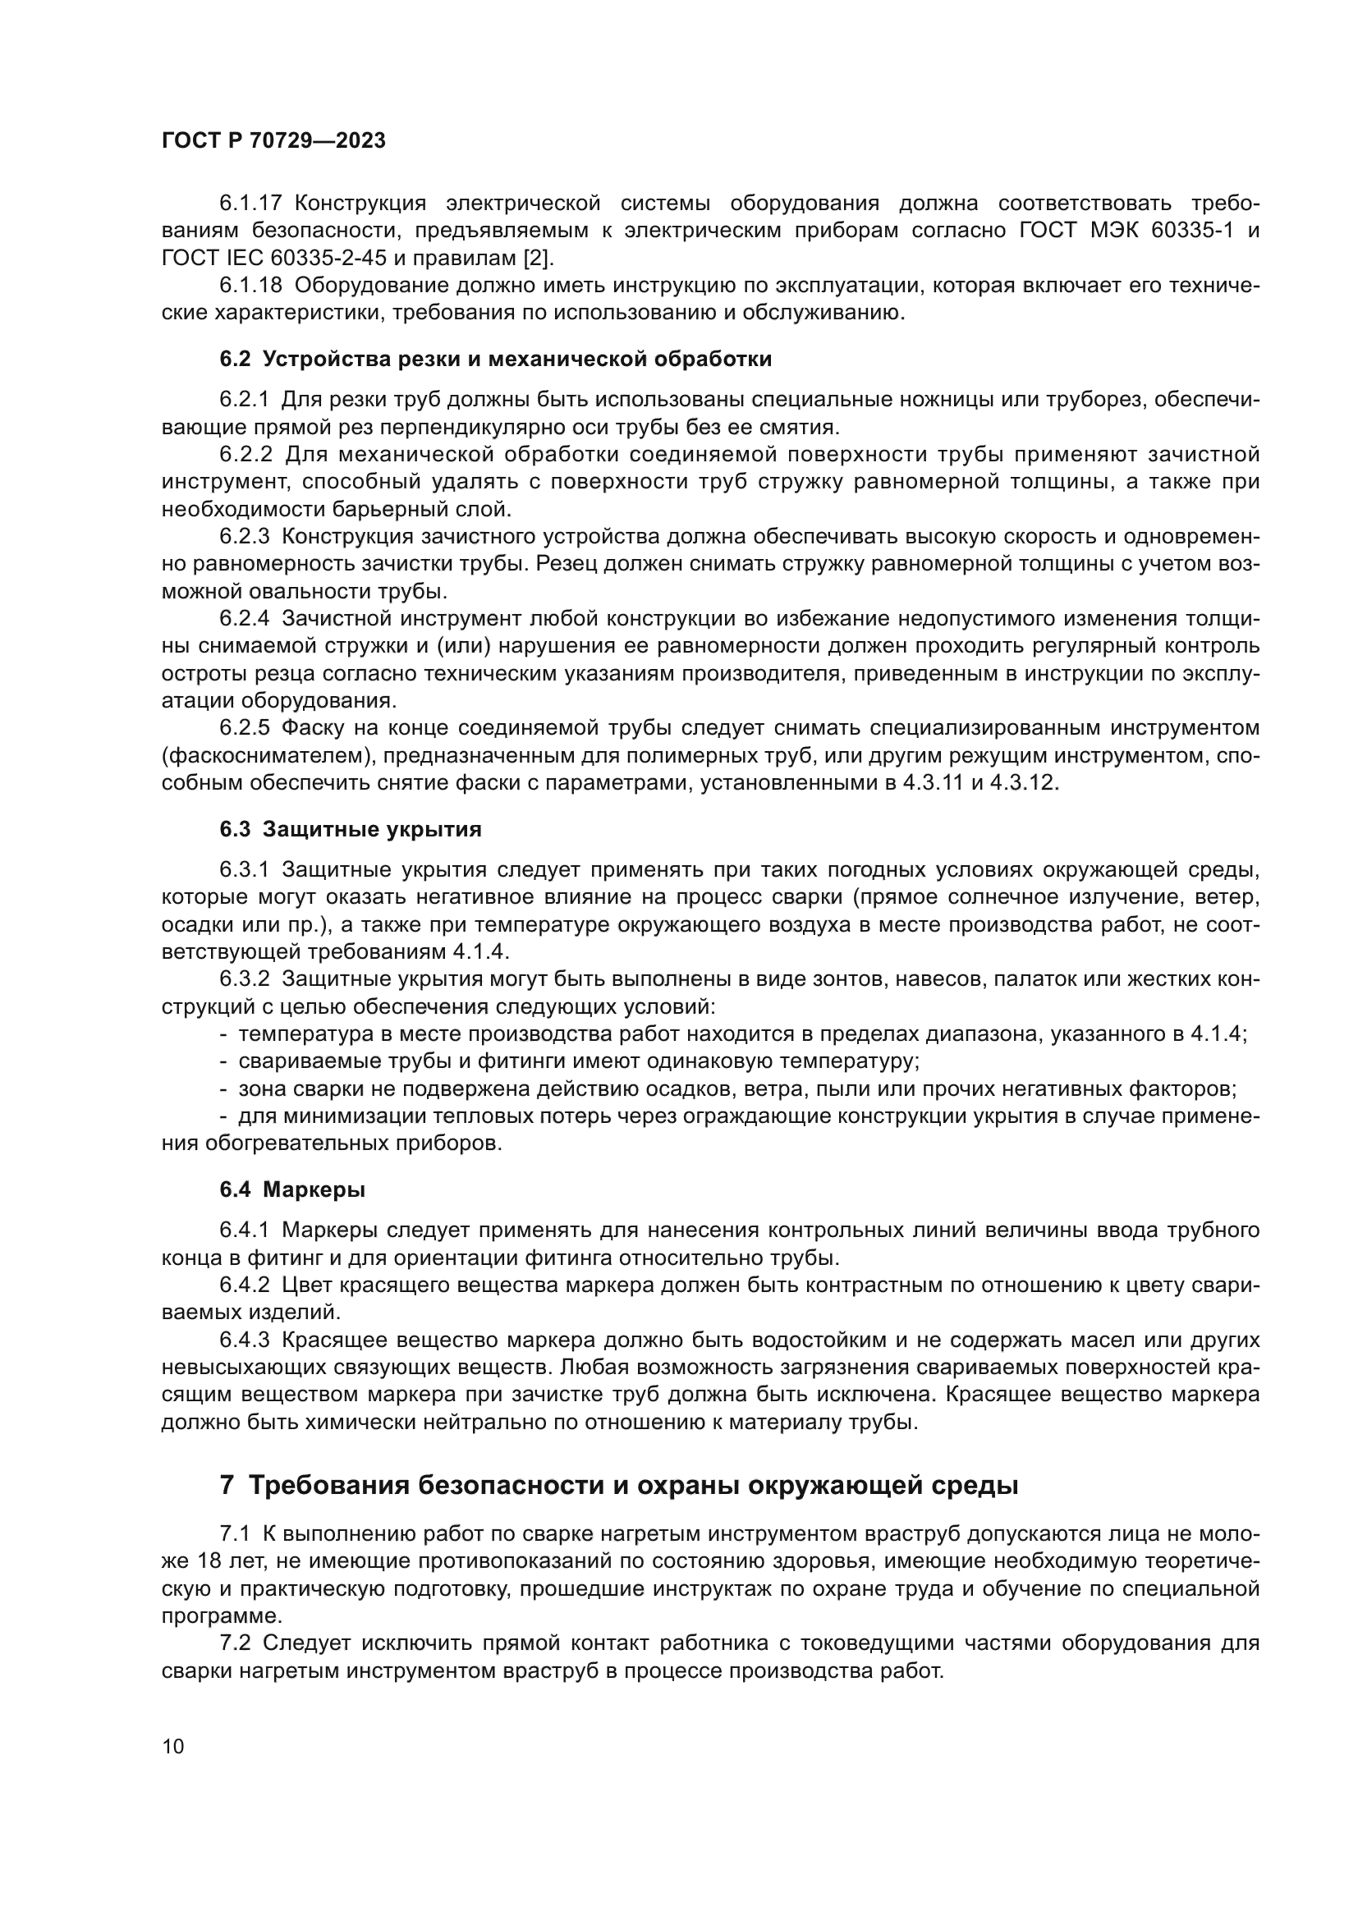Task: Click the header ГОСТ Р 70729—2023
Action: [273, 141]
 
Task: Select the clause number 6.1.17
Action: [251, 204]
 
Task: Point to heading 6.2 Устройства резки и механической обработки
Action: [495, 360]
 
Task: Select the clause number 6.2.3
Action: [244, 537]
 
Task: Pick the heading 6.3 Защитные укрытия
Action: [351, 830]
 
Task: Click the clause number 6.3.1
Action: [244, 869]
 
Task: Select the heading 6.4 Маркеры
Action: [291, 1189]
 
